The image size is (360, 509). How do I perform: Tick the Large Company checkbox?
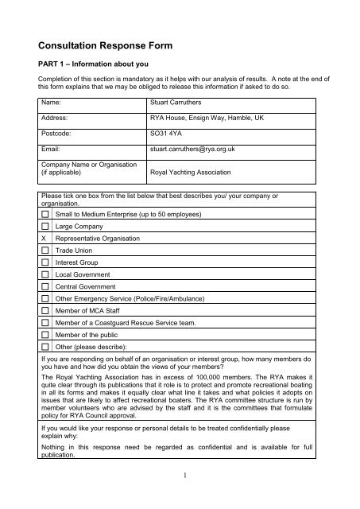coord(46,227)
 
